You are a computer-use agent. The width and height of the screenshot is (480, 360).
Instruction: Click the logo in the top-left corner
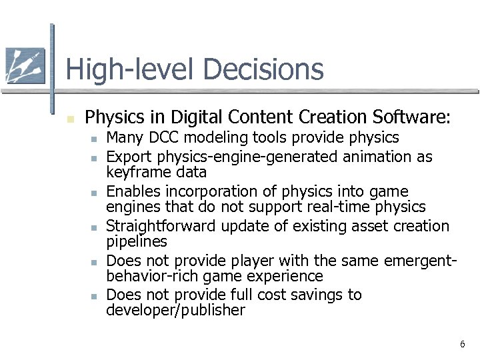25,66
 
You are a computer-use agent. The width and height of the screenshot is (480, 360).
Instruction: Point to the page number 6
461,344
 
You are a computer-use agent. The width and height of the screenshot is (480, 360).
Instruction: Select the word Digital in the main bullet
196,118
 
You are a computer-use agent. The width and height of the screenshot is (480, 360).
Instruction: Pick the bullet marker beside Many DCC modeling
95,139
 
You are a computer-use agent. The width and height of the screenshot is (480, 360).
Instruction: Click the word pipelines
137,241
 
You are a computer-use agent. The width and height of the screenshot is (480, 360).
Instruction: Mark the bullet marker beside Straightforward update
95,228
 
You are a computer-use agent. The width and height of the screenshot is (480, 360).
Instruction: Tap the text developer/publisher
175,310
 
